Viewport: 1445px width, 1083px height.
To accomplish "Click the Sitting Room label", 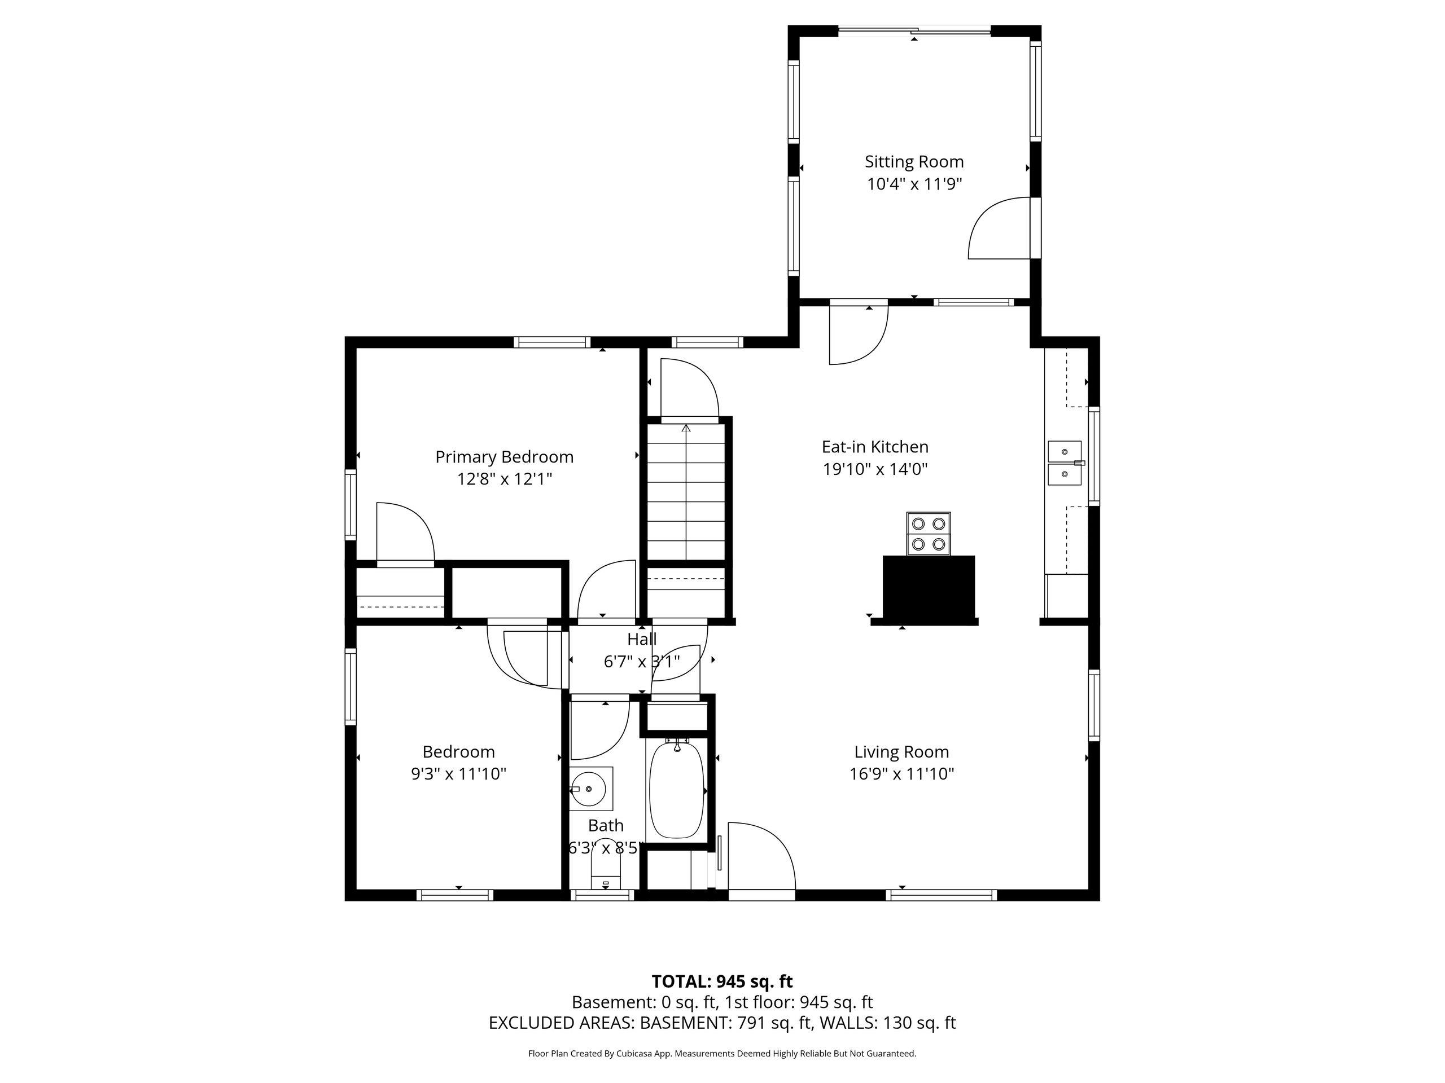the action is click(914, 162).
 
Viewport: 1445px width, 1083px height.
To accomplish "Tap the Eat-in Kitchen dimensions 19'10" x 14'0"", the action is click(875, 469).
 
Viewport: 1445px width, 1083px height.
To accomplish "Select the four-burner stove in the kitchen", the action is click(929, 534).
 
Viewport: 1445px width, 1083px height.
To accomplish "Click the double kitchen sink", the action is click(1065, 463).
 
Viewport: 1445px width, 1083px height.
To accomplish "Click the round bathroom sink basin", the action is click(590, 789).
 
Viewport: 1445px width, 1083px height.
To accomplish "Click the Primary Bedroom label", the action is click(504, 457).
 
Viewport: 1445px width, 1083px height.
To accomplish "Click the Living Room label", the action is click(901, 752).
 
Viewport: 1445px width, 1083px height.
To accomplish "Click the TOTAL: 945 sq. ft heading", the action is click(722, 981).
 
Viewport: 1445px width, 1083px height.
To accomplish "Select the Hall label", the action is click(641, 639).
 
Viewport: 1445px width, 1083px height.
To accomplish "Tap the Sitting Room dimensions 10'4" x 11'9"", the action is click(914, 184).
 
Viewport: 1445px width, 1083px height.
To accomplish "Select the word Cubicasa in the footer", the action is click(632, 1053).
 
